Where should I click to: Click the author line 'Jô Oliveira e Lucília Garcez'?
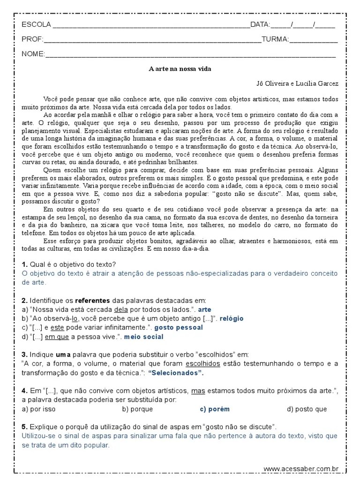pyautogui.click(x=297, y=84)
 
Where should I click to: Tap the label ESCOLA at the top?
pyautogui.click(x=36, y=24)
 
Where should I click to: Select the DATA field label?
pyautogui.click(x=260, y=24)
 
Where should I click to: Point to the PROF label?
pyautogui.click(x=32, y=39)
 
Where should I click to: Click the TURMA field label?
pyautogui.click(x=275, y=39)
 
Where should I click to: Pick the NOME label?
pyautogui.click(x=33, y=54)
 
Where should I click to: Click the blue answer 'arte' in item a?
pyautogui.click(x=205, y=310)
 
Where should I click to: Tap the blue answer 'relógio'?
pyautogui.click(x=232, y=319)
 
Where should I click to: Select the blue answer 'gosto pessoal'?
pyautogui.click(x=179, y=328)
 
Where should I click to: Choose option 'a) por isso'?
pyautogui.click(x=39, y=409)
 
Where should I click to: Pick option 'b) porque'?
pyautogui.click(x=137, y=409)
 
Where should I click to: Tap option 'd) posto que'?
pyautogui.click(x=307, y=409)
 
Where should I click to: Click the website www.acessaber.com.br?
pyautogui.click(x=301, y=469)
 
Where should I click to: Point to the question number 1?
pyautogui.click(x=24, y=264)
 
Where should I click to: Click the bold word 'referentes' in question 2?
pyautogui.click(x=92, y=300)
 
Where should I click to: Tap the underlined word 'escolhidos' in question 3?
pyautogui.click(x=203, y=364)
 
